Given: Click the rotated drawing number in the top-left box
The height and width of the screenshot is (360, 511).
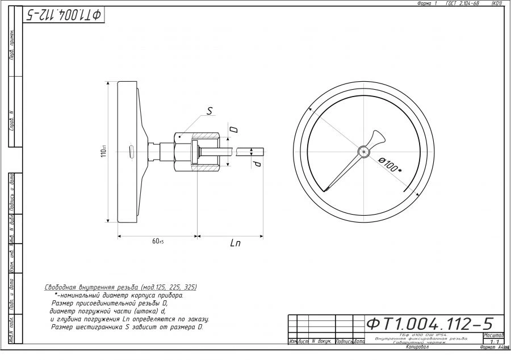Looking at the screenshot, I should point(64,15).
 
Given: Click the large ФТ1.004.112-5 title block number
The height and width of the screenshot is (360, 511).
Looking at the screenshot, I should point(429,324).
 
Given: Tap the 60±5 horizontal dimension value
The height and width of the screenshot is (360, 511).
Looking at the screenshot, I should point(158,241).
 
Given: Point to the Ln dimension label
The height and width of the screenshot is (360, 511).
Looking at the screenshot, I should point(235,243).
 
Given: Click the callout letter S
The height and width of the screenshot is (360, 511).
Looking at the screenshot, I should point(209,112).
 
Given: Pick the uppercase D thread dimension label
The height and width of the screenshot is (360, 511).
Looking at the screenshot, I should point(233,129).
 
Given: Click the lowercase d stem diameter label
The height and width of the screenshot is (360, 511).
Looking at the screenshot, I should point(257,164).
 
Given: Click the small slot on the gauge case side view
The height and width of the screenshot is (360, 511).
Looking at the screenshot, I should point(132,152).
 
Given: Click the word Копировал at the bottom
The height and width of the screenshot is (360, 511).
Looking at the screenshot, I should point(417,348).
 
